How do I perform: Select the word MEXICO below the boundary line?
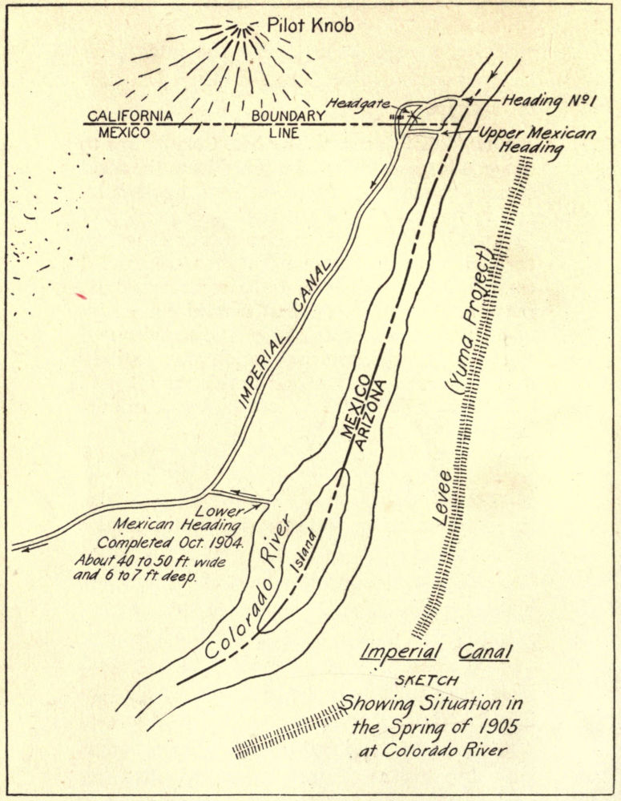click(124, 133)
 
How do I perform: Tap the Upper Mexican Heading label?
click(538, 140)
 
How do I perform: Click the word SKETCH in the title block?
click(428, 680)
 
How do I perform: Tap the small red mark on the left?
click(81, 296)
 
